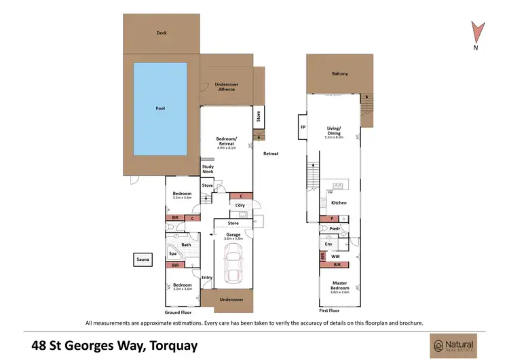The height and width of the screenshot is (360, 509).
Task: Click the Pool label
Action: (x=160, y=109)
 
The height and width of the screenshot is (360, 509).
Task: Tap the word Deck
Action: (x=161, y=32)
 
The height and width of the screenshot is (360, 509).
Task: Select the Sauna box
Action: (x=143, y=259)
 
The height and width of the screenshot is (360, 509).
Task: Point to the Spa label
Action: (x=172, y=253)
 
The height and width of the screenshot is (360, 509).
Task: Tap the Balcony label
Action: (x=339, y=73)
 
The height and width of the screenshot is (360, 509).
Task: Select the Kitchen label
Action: (x=339, y=202)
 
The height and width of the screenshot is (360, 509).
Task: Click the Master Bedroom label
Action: (x=339, y=286)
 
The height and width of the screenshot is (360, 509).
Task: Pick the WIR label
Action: (x=335, y=257)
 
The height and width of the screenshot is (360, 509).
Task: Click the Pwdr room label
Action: (x=334, y=230)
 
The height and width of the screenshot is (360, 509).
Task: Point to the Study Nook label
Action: (x=208, y=169)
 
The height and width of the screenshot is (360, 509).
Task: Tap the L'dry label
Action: (x=239, y=205)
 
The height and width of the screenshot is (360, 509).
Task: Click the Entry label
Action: (x=207, y=276)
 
